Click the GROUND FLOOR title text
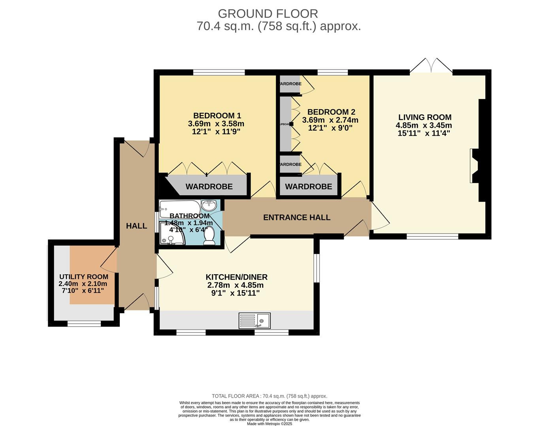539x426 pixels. [x=268, y=14]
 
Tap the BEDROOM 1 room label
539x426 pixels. [x=217, y=116]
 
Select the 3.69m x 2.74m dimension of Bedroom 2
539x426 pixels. [x=330, y=120]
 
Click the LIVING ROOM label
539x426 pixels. [x=424, y=117]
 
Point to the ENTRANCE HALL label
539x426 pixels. [x=297, y=217]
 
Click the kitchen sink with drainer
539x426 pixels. [x=255, y=321]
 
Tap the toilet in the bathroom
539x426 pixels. [x=209, y=235]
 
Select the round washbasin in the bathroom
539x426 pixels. [x=209, y=206]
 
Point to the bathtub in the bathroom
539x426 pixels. [x=180, y=207]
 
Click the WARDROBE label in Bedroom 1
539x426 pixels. [x=209, y=187]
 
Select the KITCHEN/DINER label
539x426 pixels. [x=236, y=277]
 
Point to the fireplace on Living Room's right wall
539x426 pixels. [x=474, y=166]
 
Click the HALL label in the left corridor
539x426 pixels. [x=136, y=226]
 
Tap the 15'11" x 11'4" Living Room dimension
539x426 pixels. [x=424, y=133]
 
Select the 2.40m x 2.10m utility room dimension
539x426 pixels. [x=83, y=284]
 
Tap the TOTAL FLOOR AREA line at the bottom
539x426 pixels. [x=269, y=396]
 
